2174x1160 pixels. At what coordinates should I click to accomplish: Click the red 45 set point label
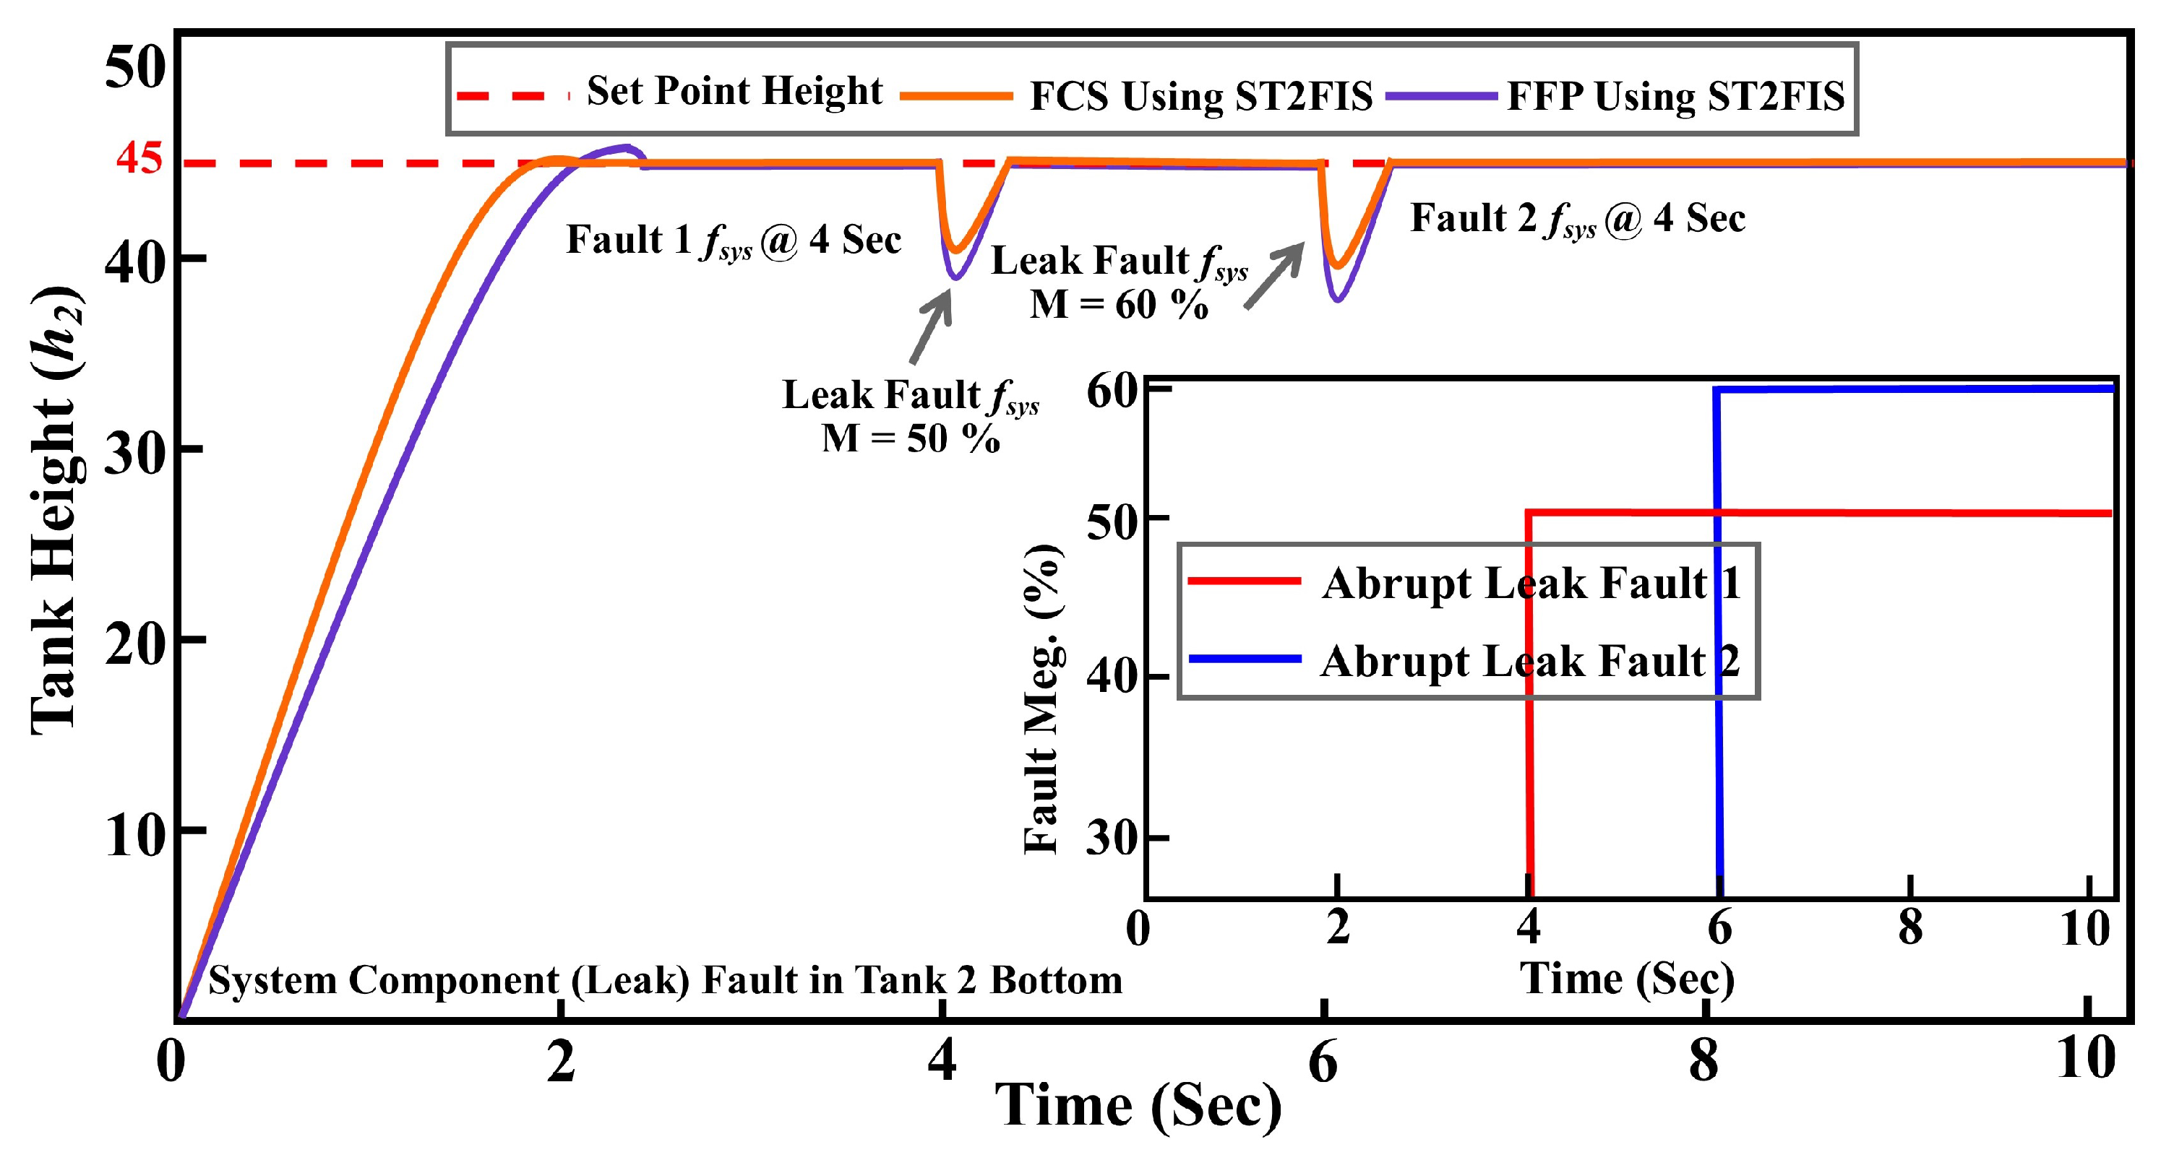click(x=139, y=157)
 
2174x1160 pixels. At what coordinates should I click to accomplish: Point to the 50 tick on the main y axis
click(x=136, y=67)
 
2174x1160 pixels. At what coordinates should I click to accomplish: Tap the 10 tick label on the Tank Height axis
click(x=133, y=837)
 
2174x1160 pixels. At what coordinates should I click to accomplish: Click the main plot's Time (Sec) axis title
click(x=1138, y=1106)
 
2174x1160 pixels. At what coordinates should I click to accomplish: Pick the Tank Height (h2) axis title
click(x=56, y=511)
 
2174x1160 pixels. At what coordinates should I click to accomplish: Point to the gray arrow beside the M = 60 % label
click(x=1274, y=276)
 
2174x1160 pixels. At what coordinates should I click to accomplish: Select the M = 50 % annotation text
click(x=911, y=438)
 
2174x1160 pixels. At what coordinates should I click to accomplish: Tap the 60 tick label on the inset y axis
click(x=1113, y=391)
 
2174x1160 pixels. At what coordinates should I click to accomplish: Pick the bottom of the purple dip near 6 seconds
click(x=1339, y=298)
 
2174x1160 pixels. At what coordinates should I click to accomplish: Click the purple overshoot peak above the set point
click(x=626, y=147)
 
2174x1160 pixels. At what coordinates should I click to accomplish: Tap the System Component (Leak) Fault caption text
click(x=665, y=980)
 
